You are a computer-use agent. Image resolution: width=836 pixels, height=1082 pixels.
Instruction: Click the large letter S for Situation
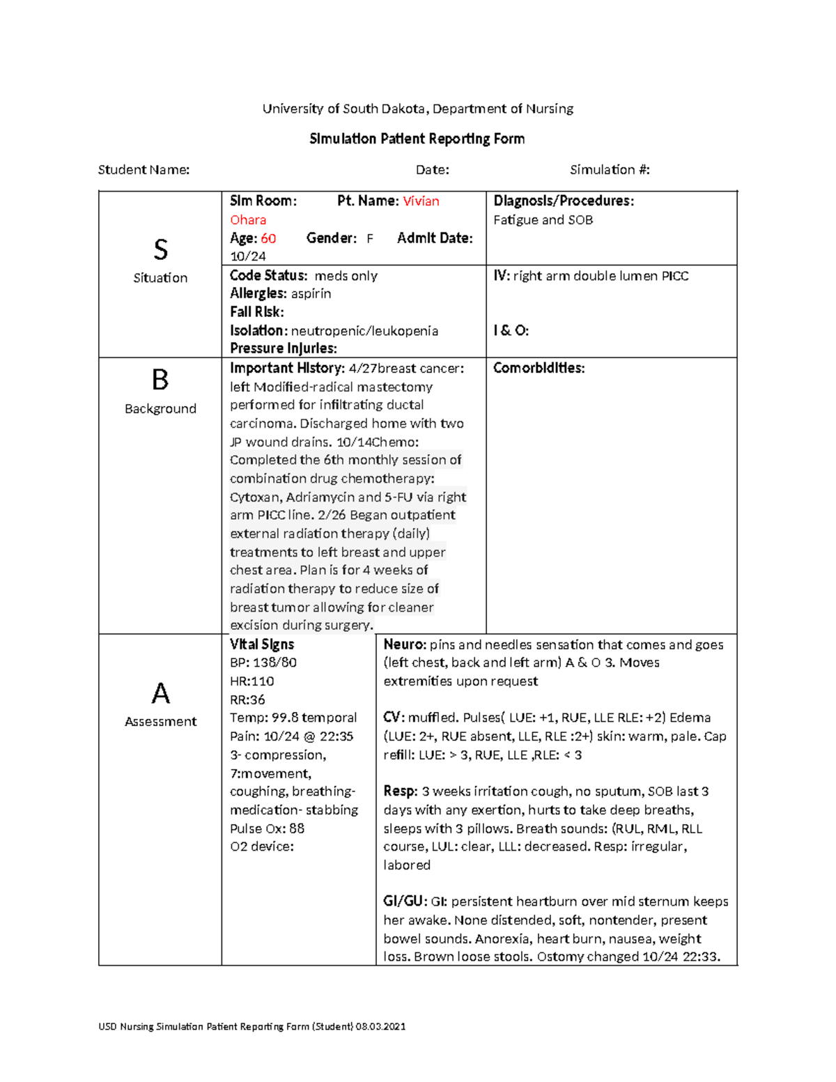coord(160,249)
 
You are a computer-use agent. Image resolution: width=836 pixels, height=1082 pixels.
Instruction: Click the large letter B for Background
coord(160,380)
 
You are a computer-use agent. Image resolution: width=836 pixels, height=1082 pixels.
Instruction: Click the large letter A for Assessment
coord(160,693)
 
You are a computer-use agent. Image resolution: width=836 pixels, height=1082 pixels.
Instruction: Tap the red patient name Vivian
coord(421,201)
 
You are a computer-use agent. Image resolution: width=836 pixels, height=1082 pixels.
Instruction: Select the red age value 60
coord(268,238)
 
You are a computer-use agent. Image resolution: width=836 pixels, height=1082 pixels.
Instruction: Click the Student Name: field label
coord(144,170)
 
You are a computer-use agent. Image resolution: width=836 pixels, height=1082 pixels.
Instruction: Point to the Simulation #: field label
coord(610,170)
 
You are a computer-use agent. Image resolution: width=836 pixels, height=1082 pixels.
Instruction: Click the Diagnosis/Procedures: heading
coord(564,201)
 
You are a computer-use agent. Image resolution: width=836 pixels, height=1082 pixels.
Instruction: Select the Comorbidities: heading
coord(539,368)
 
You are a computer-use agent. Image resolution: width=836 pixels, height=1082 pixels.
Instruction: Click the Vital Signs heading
coord(262,644)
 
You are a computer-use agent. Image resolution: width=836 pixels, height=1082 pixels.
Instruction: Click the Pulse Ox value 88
coord(297,828)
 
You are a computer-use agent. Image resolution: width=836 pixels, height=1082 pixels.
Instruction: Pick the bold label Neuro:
coord(405,645)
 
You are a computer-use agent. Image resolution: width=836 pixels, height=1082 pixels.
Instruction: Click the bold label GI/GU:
coord(404,902)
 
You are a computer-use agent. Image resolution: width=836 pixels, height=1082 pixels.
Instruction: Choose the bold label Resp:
coord(401,791)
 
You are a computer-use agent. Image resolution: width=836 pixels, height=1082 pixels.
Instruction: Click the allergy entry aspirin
coord(311,294)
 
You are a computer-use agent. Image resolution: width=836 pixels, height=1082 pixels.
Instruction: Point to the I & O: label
coord(511,331)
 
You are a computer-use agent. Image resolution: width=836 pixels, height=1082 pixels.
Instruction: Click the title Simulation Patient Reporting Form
coord(417,139)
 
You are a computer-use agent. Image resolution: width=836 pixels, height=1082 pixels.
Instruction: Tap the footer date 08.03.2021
coord(380,1026)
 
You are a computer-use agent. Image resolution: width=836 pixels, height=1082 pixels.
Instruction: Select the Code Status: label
coord(268,276)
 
